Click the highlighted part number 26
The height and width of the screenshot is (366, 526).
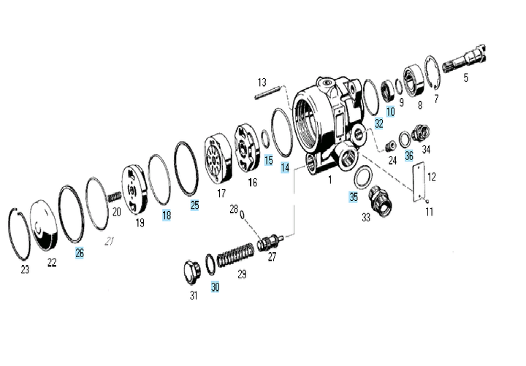point(80,253)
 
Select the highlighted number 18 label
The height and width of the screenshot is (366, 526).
point(167,216)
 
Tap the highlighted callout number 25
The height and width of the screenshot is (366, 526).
point(194,205)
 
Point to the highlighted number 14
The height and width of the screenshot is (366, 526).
point(285,167)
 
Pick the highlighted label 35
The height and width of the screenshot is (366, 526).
point(354,197)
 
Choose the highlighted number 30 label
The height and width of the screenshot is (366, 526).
point(215,287)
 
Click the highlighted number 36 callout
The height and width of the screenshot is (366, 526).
point(409,155)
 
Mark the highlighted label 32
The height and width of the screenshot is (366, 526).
point(378,123)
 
